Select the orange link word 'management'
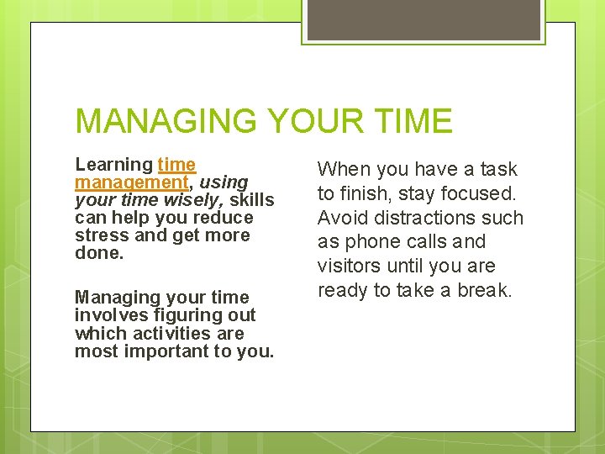click(x=131, y=182)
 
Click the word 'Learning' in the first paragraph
click(x=113, y=165)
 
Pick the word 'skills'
click(x=252, y=200)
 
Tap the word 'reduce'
click(x=224, y=218)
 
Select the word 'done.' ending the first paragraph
click(x=98, y=253)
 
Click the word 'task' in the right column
click(x=498, y=169)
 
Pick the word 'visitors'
click(x=348, y=267)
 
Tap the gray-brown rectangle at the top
click(x=424, y=19)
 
